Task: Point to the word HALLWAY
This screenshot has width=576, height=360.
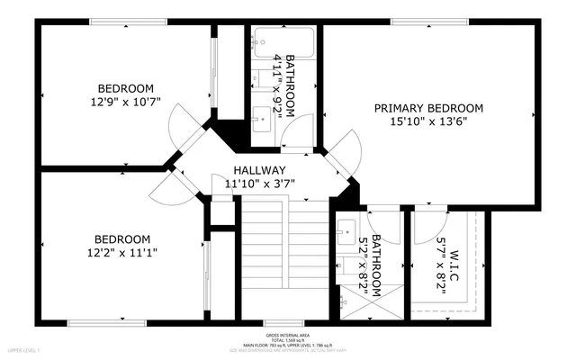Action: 259,170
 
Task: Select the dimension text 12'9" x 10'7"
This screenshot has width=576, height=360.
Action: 125,103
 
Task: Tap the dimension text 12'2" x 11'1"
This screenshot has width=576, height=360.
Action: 121,253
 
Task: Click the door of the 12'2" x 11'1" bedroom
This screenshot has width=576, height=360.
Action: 171,185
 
